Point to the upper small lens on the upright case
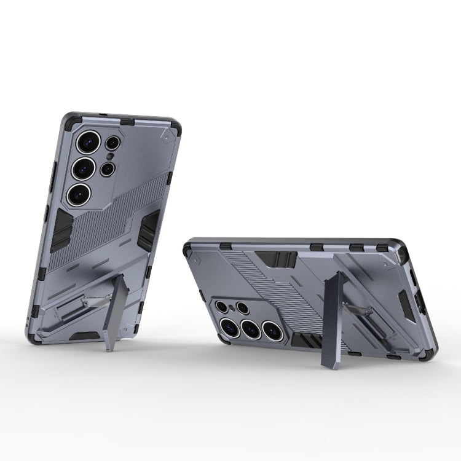(112, 143)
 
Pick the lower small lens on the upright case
(108, 168)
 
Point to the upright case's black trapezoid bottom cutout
(84, 336)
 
